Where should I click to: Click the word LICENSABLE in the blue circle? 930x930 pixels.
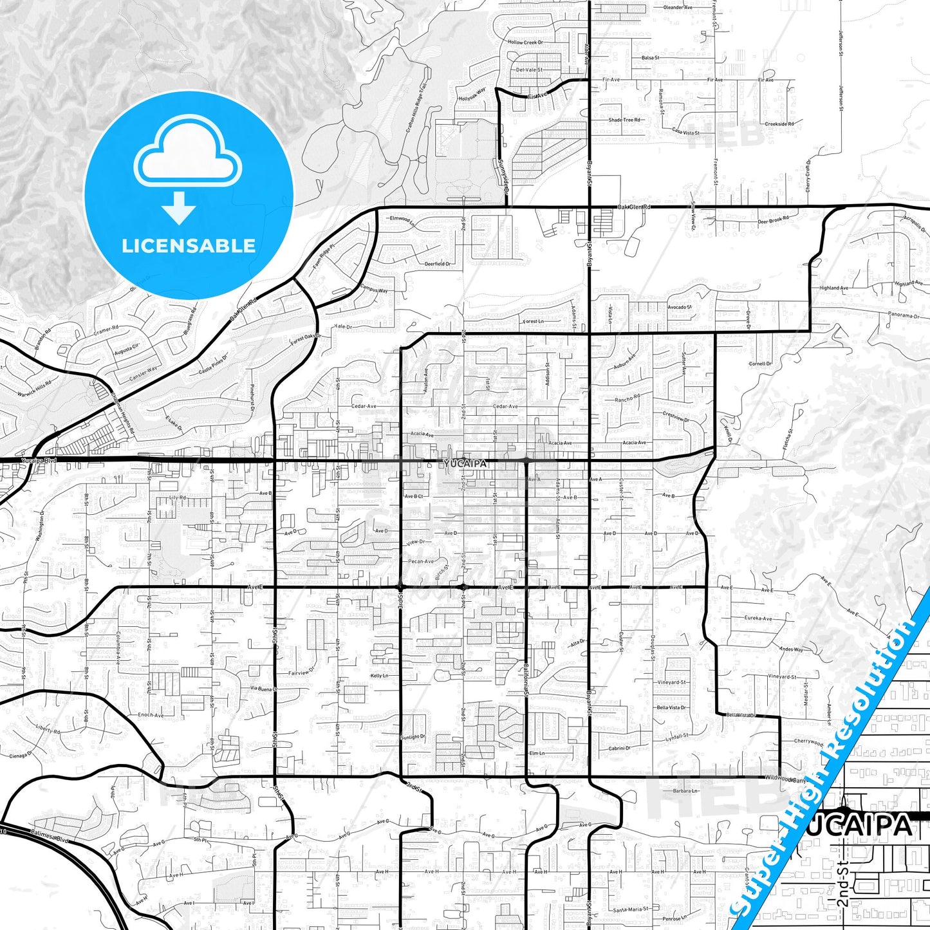coord(189,246)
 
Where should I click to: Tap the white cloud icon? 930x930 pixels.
coord(187,154)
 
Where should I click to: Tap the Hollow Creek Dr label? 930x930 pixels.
coord(525,42)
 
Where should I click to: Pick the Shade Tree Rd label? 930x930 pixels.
coord(624,120)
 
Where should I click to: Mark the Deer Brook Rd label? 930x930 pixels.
coord(772,221)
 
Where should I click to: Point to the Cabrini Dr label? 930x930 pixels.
coord(619,748)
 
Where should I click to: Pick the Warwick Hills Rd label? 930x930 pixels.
coord(34,389)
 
